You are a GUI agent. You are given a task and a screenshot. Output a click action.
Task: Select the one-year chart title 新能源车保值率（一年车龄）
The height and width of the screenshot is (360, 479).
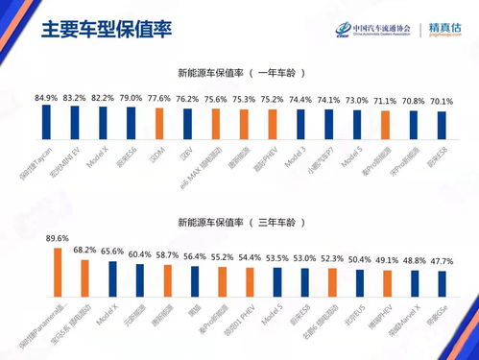(x=240, y=73)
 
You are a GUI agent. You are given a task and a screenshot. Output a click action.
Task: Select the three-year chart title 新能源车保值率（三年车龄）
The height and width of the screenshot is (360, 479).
(x=240, y=221)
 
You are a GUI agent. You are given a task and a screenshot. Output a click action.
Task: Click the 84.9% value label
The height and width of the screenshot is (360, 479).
(x=45, y=97)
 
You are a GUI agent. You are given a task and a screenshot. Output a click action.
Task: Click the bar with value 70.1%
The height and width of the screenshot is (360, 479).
(x=442, y=129)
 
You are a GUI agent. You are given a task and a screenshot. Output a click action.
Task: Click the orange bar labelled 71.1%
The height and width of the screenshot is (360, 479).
(x=385, y=129)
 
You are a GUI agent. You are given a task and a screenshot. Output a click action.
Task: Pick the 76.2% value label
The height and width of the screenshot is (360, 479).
(x=186, y=99)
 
